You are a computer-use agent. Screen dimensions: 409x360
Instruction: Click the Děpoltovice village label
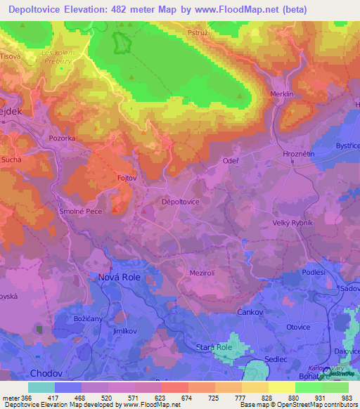pos(181,202)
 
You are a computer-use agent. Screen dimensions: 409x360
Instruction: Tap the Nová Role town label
pos(115,278)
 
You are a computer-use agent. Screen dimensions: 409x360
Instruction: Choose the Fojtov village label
pos(127,178)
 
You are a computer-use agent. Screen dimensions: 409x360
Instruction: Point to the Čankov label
pos(250,312)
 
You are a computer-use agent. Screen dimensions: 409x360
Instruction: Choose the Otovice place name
pos(298,326)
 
